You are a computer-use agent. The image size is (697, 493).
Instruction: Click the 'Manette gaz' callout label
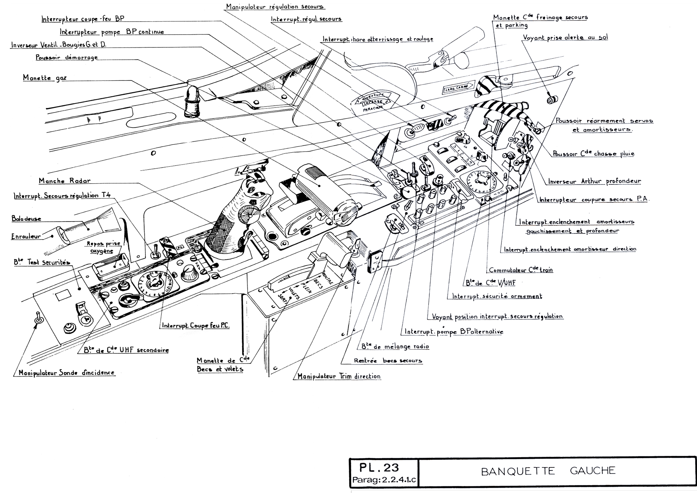pyautogui.click(x=45, y=78)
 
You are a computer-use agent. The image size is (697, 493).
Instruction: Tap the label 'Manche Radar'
pyautogui.click(x=65, y=181)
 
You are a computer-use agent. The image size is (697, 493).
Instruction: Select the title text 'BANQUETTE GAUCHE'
pyautogui.click(x=548, y=471)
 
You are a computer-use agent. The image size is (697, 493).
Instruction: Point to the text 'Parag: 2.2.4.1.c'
pyautogui.click(x=384, y=480)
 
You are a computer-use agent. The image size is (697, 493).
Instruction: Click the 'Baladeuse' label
pyautogui.click(x=26, y=219)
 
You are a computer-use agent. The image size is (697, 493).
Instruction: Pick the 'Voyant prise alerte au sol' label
pyautogui.click(x=565, y=38)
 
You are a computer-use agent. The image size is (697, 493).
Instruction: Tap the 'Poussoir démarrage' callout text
pyautogui.click(x=67, y=57)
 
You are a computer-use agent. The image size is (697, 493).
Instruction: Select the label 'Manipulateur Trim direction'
pyautogui.click(x=339, y=376)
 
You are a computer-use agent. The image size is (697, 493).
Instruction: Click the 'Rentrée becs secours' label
pyautogui.click(x=388, y=361)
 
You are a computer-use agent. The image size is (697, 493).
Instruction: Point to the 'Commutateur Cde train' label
pyautogui.click(x=521, y=270)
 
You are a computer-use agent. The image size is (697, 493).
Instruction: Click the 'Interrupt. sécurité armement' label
pyautogui.click(x=497, y=296)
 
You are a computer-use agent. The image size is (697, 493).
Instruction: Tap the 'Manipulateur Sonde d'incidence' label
pyautogui.click(x=67, y=373)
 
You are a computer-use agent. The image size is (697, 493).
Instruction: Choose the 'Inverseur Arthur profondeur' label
pyautogui.click(x=594, y=181)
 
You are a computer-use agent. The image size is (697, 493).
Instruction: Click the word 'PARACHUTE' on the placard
pyautogui.click(x=372, y=108)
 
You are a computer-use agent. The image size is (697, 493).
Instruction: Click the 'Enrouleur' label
pyautogui.click(x=26, y=236)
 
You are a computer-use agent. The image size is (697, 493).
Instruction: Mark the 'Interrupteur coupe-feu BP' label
pyautogui.click(x=83, y=19)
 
